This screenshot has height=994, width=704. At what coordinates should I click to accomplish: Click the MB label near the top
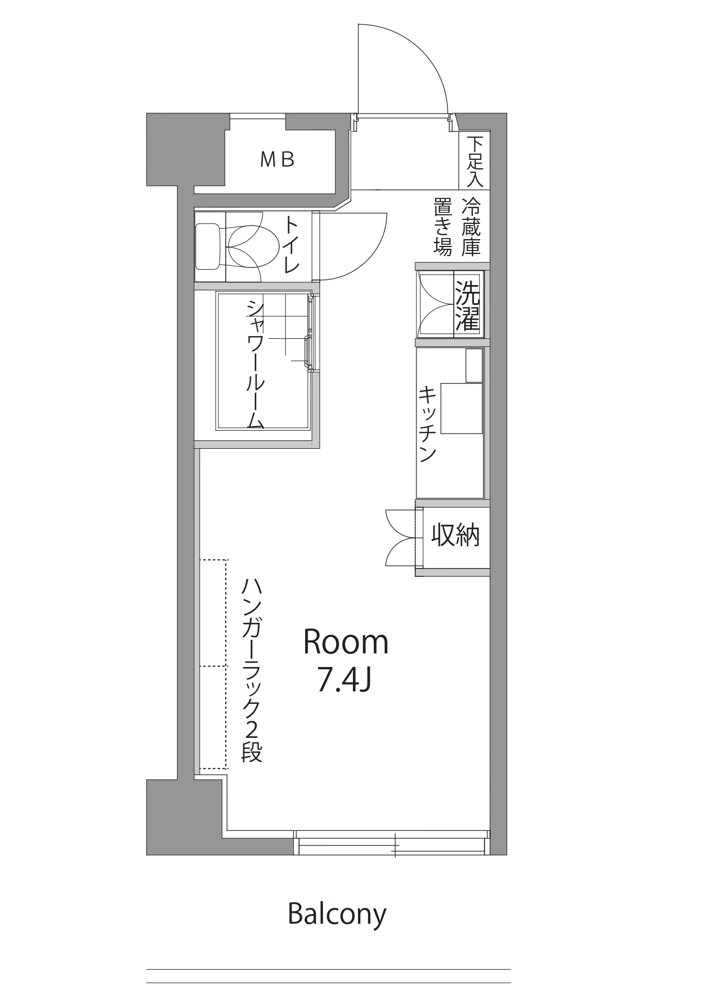[x=277, y=160]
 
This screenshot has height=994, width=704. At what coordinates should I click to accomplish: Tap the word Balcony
[x=337, y=914]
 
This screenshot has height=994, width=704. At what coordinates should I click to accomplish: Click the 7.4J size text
[x=344, y=679]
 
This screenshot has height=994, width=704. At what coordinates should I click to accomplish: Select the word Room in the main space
[x=345, y=642]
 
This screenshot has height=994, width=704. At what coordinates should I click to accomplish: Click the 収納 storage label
[x=456, y=536]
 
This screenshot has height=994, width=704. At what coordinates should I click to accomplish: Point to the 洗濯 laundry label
[x=468, y=305]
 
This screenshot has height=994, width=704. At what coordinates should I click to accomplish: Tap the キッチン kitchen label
[x=427, y=424]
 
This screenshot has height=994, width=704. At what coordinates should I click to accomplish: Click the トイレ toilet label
[x=291, y=245]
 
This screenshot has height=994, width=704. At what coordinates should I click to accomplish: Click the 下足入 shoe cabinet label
[x=475, y=162]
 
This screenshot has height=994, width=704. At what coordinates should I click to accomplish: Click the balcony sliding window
[x=391, y=842]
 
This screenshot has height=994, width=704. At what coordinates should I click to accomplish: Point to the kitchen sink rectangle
[x=461, y=409]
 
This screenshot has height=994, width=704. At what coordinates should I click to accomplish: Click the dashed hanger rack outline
[x=213, y=664]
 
